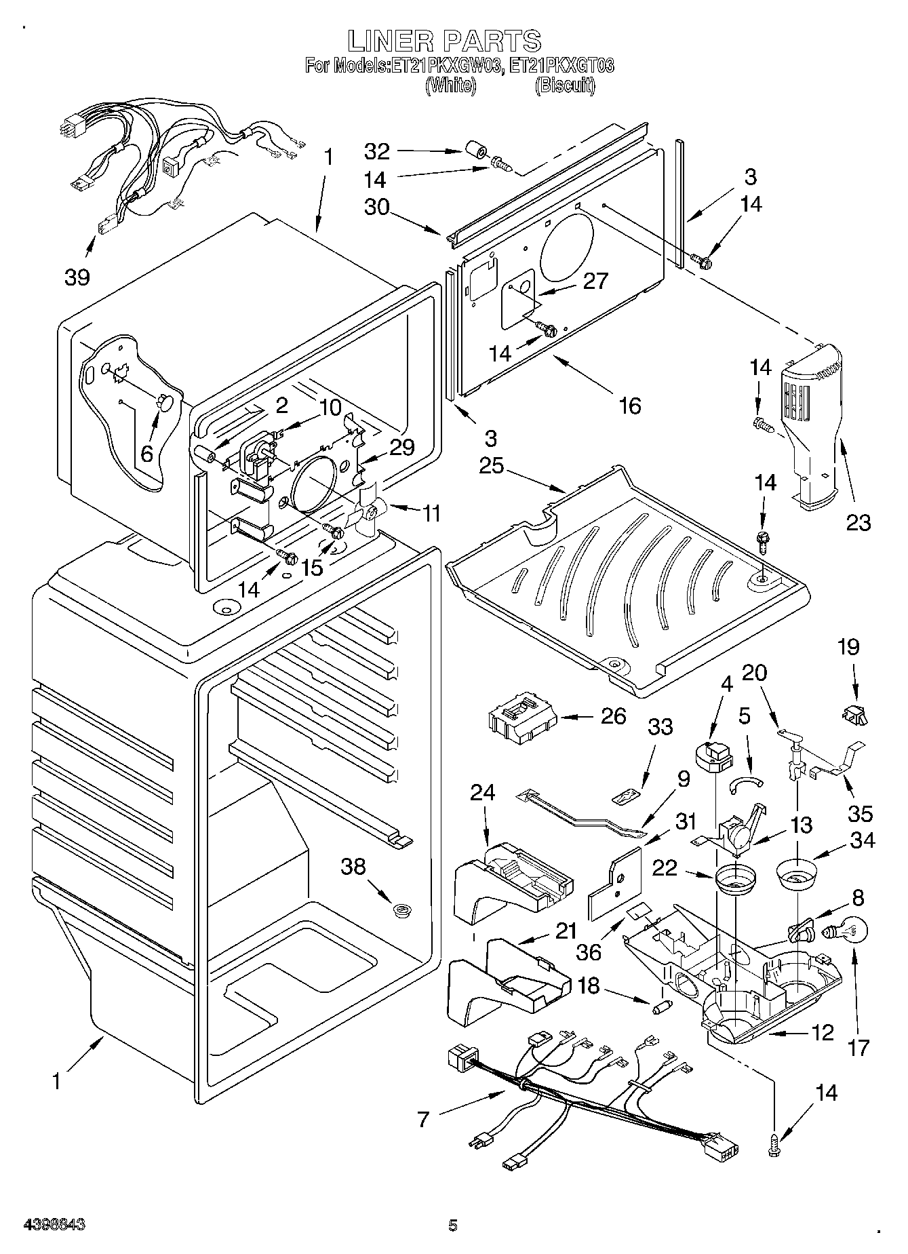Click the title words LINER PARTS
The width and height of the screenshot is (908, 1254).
click(445, 41)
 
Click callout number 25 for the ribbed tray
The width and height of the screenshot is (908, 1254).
click(492, 467)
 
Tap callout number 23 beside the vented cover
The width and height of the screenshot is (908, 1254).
click(858, 522)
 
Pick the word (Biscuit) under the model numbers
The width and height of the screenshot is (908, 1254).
click(566, 85)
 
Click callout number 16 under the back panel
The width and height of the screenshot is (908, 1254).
click(630, 406)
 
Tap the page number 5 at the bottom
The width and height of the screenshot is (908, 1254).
click(453, 1226)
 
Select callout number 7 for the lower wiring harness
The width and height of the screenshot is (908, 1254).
click(424, 1119)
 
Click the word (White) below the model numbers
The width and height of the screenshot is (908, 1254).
click(449, 85)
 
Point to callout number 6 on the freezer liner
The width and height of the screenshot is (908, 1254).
click(147, 453)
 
